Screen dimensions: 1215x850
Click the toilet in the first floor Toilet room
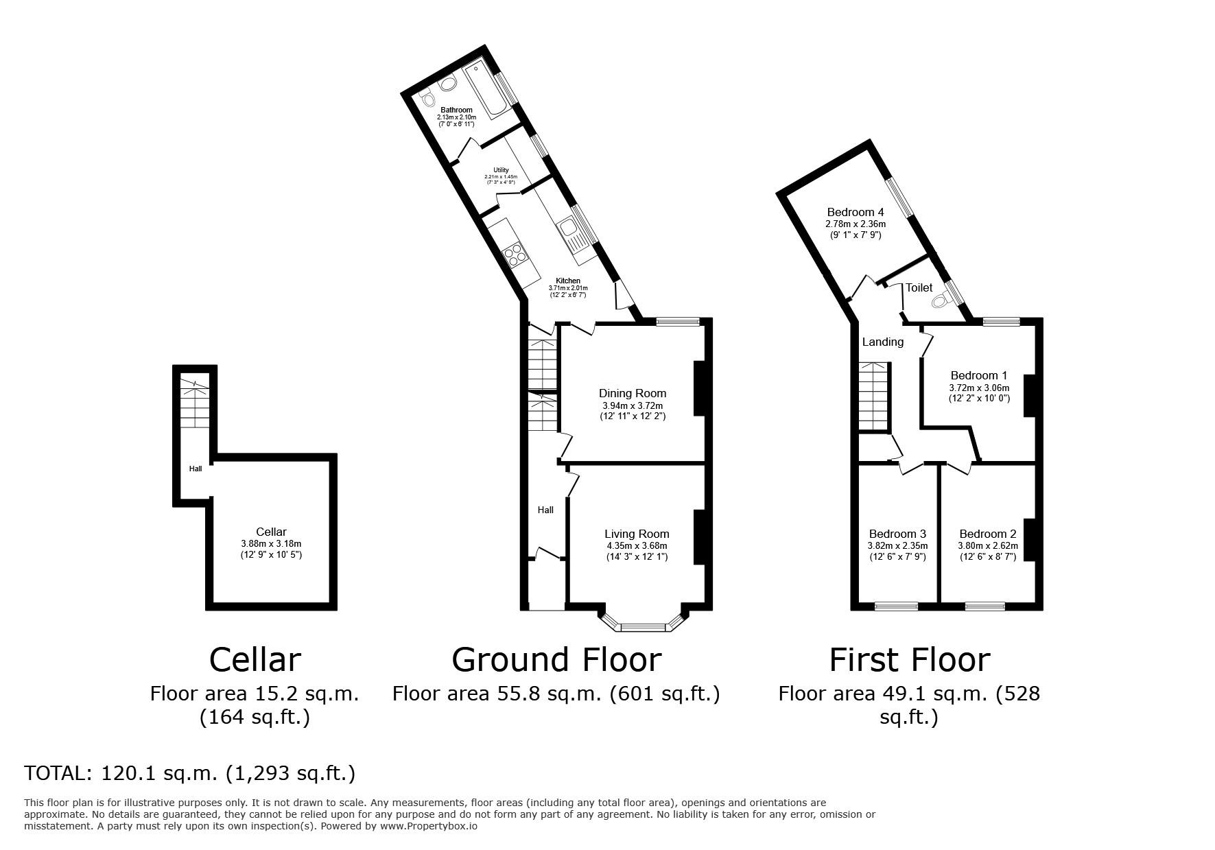pyautogui.click(x=945, y=299)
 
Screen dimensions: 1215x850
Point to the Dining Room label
pyautogui.click(x=633, y=394)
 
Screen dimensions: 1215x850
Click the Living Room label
pyautogui.click(x=637, y=534)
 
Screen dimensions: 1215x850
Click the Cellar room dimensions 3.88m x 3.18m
pyautogui.click(x=271, y=544)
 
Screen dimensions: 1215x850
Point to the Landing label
pyautogui.click(x=883, y=342)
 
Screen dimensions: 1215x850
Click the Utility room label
pyautogui.click(x=501, y=170)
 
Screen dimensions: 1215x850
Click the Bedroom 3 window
pyautogui.click(x=896, y=606)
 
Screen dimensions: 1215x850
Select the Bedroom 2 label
pyautogui.click(x=988, y=534)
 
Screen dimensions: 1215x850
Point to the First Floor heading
pyautogui.click(x=910, y=660)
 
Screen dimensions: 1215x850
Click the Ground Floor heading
pyautogui.click(x=556, y=660)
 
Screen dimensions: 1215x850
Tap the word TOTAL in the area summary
pyautogui.click(x=57, y=773)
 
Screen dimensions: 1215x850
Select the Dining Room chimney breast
pyautogui.click(x=700, y=389)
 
